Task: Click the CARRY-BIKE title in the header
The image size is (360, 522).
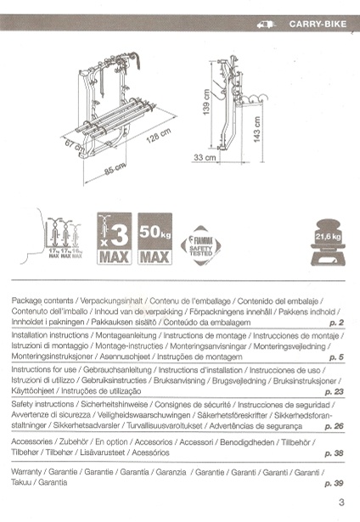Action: pos(318,25)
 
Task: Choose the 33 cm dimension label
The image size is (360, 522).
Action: pos(204,158)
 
